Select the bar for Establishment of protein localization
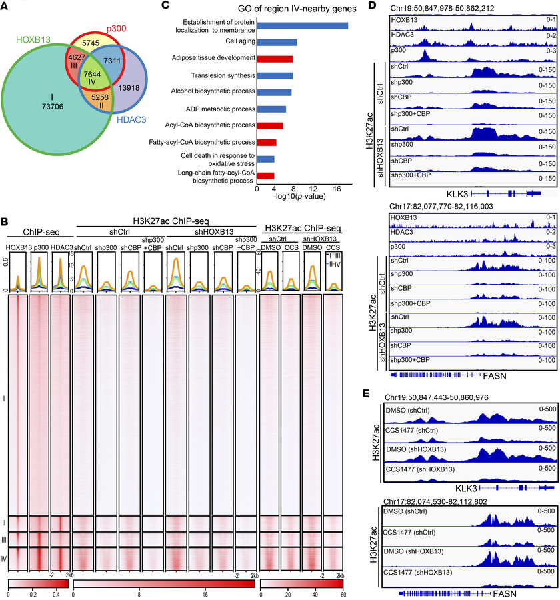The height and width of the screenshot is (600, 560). click(302, 25)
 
